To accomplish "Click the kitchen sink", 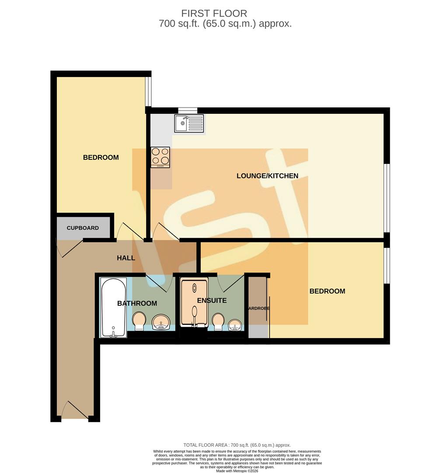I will click(189, 123).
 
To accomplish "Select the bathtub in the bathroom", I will click(114, 308).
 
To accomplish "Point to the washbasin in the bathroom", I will click(161, 323).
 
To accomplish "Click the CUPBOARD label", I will click(83, 228).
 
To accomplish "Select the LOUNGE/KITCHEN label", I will click(267, 176).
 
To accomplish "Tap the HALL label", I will click(126, 258).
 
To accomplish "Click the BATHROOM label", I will click(137, 304).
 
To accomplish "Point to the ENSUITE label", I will click(212, 300).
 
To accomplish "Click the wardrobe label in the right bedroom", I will click(258, 308).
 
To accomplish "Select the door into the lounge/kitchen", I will click(164, 232).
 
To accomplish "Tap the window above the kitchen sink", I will click(188, 110).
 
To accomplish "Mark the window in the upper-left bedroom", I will click(149, 92).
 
